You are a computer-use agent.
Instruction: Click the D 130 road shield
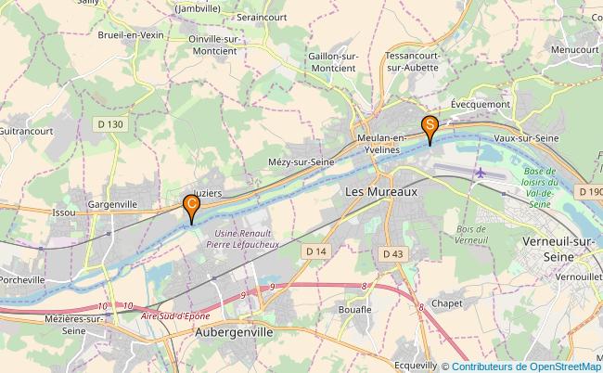pyautogui.click(x=110, y=124)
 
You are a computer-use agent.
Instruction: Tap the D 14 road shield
pyautogui.click(x=315, y=251)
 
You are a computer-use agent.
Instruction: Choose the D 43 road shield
pyautogui.click(x=393, y=253)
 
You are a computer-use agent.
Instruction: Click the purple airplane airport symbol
pyautogui.click(x=481, y=173)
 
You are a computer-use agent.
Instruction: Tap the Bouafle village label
pyautogui.click(x=356, y=309)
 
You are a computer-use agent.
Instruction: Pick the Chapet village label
pyautogui.click(x=447, y=303)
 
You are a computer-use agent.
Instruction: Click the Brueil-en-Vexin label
pyautogui.click(x=131, y=33)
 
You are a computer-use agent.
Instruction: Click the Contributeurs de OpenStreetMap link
pyautogui.click(x=526, y=366)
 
